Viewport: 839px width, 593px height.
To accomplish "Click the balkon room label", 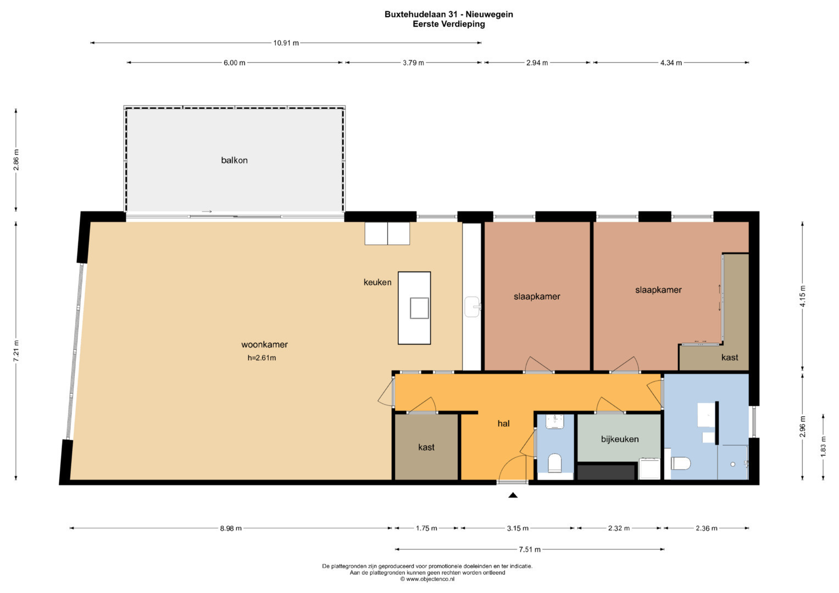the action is coord(234,160).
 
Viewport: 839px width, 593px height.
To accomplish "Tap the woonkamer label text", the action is coord(264,344).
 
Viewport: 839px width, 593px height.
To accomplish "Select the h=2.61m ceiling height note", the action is coord(262,358).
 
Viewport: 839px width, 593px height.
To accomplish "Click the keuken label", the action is coord(377,282).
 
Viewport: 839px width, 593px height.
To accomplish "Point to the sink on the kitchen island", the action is coord(419,308).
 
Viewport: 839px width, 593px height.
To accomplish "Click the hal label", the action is coord(503,423).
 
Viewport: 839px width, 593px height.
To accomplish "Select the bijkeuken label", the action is coord(620,439).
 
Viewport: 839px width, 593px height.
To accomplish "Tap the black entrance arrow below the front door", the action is coord(513,495).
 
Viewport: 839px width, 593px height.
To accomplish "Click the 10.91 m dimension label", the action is coord(286,43).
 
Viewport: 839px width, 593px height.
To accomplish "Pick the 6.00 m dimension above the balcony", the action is coord(235,63).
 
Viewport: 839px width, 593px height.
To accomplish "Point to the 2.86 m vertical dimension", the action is coord(16,160).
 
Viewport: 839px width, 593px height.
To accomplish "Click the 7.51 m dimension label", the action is coord(530,550).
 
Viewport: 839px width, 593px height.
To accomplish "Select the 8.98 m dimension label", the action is coord(231,528).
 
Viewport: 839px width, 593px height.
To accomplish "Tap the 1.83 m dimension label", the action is coord(823,446).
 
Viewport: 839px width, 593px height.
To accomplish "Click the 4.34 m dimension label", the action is coord(671,63).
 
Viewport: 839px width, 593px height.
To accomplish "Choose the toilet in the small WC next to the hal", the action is coord(555,463).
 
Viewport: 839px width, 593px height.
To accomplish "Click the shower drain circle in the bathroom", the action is coord(732,464).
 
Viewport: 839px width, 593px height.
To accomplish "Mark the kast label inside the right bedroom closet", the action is coord(730,357).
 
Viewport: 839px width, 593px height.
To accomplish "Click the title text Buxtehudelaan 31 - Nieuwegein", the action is coord(449,14).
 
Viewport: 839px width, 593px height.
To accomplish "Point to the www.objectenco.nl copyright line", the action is coord(427,579).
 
